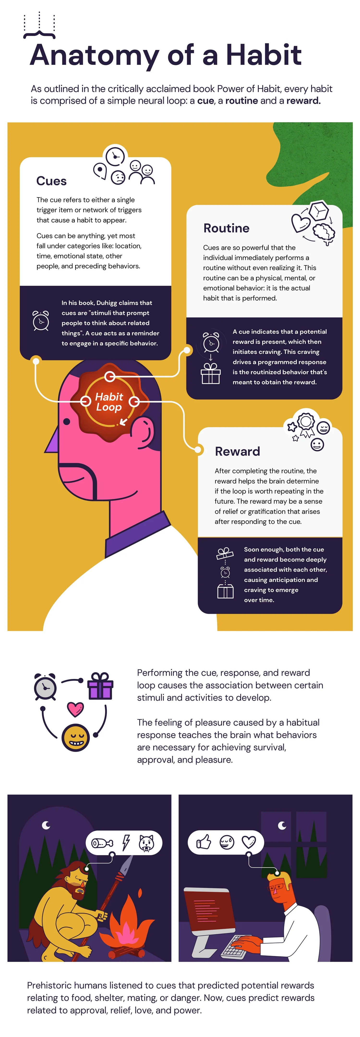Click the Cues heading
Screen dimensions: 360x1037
pos(52,181)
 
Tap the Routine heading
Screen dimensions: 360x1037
pos(226,228)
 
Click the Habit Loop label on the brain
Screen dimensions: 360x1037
pos(109,402)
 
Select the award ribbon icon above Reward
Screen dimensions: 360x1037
pos(306,423)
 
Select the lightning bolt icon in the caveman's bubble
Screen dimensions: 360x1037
pos(126,842)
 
